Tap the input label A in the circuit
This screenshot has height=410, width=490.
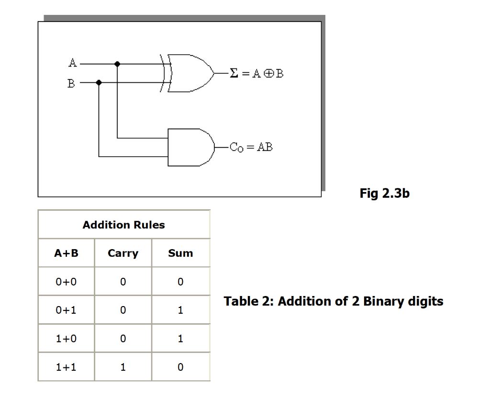(72, 62)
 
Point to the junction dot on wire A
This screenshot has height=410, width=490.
(118, 63)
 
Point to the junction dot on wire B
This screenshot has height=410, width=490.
(99, 82)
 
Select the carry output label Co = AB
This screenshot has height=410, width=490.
(251, 147)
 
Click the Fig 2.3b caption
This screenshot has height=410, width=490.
(384, 194)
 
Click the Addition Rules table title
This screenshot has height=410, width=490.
(123, 225)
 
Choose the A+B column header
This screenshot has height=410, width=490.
(66, 253)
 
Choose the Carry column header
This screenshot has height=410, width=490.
(123, 253)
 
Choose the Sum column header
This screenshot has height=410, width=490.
(180, 253)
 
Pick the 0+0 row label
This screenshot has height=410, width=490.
(66, 282)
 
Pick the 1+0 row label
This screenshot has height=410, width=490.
(66, 339)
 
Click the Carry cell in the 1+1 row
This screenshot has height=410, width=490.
(123, 367)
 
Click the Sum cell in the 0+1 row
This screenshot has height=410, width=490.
(180, 310)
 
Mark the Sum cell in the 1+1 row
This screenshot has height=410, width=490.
(180, 367)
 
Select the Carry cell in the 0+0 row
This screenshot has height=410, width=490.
(123, 282)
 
